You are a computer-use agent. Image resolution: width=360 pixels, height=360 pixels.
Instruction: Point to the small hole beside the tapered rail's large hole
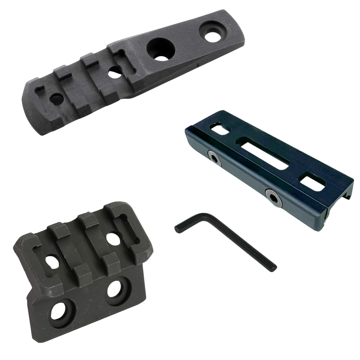point(113,72)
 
